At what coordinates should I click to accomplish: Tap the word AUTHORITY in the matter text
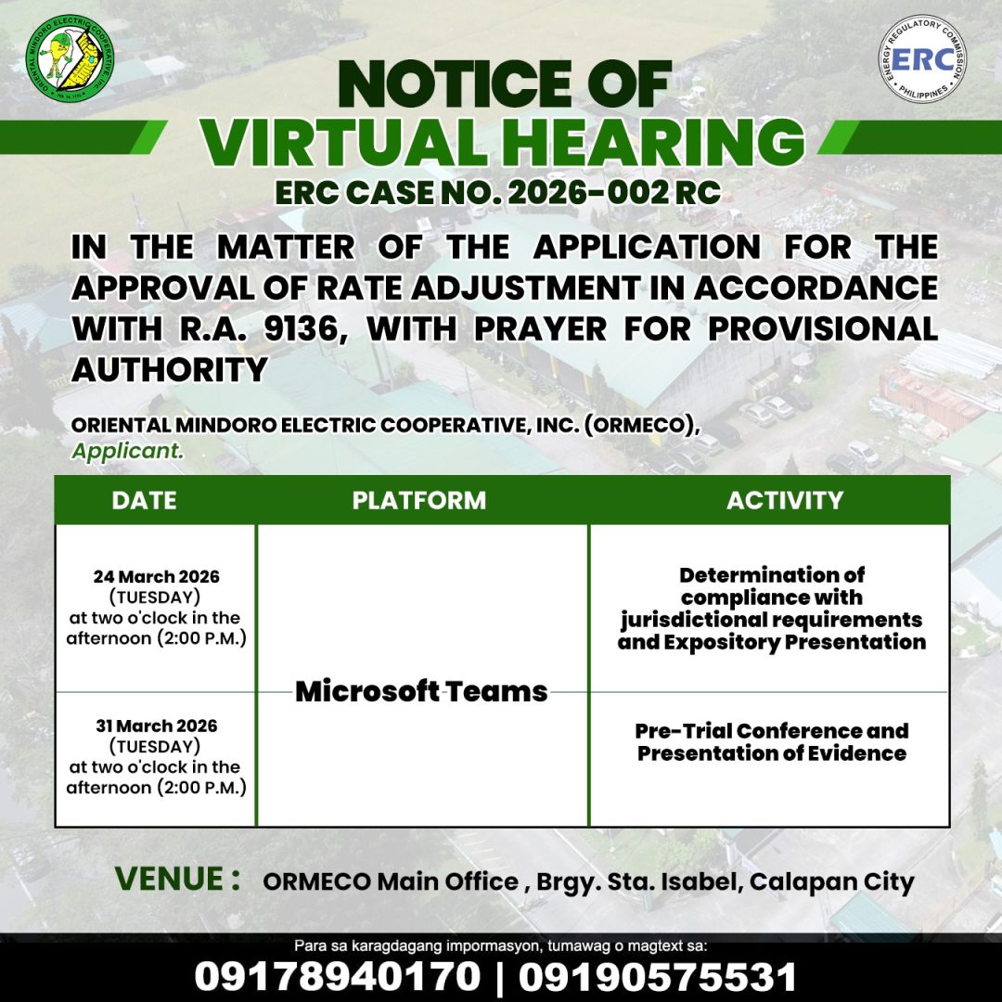170,369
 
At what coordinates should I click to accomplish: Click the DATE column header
144,501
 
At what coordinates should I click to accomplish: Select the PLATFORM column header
419,501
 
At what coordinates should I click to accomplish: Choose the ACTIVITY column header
785,501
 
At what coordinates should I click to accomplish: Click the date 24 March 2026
156,576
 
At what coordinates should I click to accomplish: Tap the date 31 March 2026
156,726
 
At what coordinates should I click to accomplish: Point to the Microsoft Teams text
421,691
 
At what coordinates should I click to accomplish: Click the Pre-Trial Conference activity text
772,730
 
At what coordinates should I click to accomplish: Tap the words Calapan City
831,881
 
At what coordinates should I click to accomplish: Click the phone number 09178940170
339,976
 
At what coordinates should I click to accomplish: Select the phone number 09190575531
658,976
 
